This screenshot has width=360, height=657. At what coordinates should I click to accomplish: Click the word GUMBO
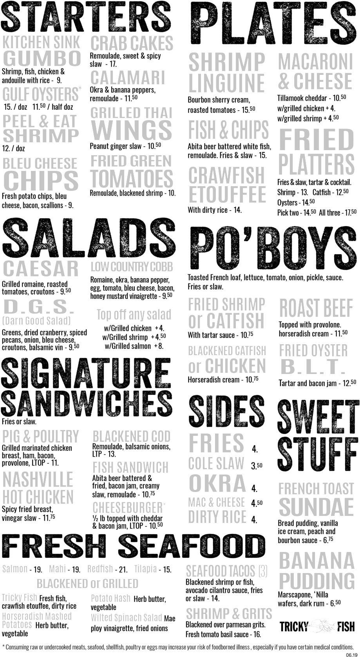(42, 58)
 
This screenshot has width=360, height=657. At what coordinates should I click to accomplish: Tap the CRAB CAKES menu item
(132, 43)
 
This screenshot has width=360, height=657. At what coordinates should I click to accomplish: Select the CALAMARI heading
(128, 78)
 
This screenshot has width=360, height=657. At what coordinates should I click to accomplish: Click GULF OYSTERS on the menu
(42, 94)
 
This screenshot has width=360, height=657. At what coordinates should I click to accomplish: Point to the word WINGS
(132, 131)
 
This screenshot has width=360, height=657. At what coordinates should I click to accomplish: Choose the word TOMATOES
(132, 179)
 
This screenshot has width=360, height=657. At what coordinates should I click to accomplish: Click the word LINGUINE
(226, 83)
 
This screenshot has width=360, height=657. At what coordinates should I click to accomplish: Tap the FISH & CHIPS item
(228, 129)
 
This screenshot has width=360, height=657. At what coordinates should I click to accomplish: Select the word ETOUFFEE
(227, 194)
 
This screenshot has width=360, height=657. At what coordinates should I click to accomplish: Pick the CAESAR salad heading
(41, 269)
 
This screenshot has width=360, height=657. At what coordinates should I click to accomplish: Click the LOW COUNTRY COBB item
(132, 267)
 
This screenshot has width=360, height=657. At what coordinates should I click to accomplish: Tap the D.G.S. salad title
(38, 307)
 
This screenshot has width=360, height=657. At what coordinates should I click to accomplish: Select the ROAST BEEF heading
(316, 308)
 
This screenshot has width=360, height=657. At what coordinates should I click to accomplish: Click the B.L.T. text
(313, 367)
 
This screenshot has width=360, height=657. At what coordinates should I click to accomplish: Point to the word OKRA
(217, 483)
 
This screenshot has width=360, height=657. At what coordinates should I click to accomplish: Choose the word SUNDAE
(316, 507)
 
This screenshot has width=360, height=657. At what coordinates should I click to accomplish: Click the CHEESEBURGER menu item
(129, 508)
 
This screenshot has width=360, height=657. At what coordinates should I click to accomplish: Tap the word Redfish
(100, 569)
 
